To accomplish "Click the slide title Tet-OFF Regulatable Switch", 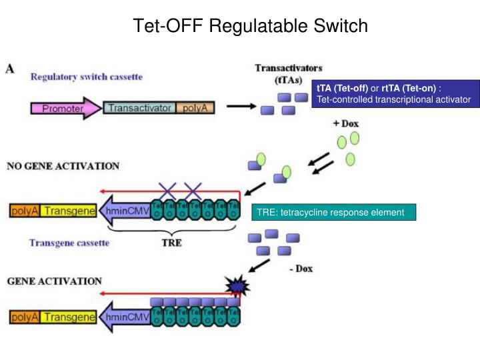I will pos(250,26).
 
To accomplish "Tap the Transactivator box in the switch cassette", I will pos(139,108).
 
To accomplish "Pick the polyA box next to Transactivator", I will pos(195,108).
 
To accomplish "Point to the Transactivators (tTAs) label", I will pos(289,73).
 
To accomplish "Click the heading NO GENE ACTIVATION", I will pos(63,166).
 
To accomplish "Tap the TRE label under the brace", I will pos(171,243).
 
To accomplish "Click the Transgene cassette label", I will pos(69,243).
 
